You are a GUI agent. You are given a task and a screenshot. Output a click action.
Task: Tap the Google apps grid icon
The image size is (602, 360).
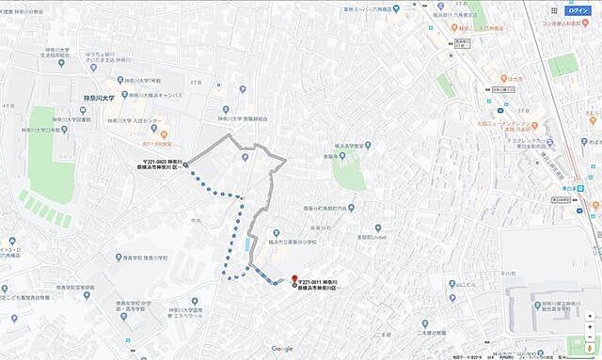554,9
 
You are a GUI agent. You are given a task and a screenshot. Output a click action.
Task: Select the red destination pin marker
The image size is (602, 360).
294,280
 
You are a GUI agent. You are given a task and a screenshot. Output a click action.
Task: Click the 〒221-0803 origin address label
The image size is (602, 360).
160,165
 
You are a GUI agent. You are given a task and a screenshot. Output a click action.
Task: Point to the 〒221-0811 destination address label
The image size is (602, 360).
319,286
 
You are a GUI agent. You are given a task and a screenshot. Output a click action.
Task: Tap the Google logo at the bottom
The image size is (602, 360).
282,349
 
